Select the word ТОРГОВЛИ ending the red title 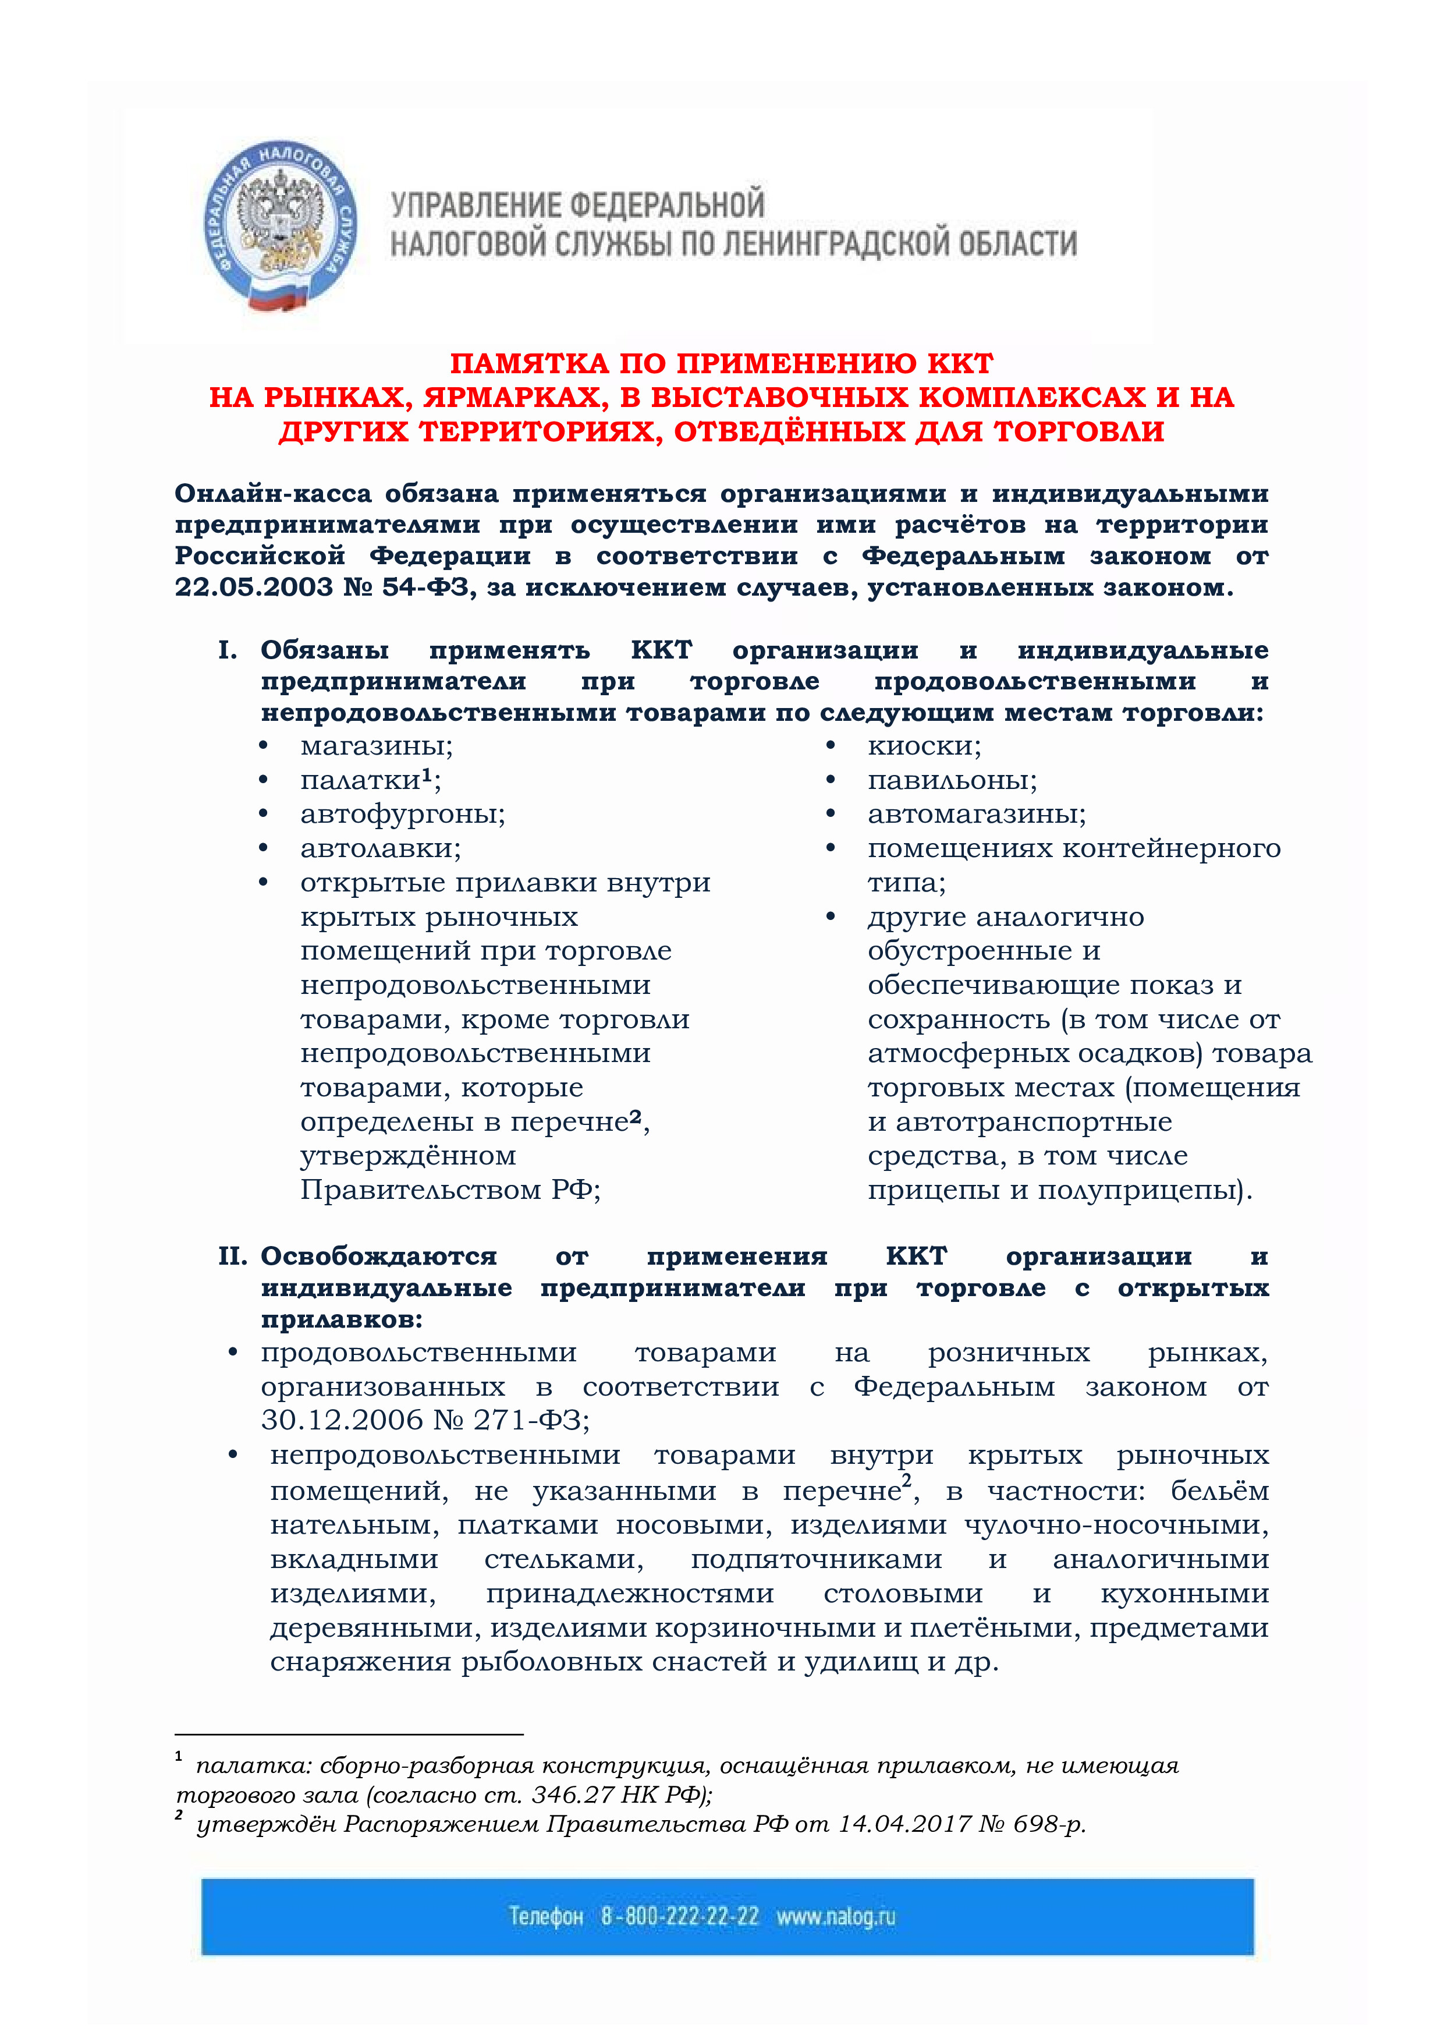(1078, 431)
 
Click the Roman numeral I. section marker (228, 650)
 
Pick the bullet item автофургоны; (402, 814)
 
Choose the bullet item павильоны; (952, 780)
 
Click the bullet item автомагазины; (976, 814)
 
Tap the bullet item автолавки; (381, 848)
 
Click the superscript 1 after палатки (427, 774)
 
